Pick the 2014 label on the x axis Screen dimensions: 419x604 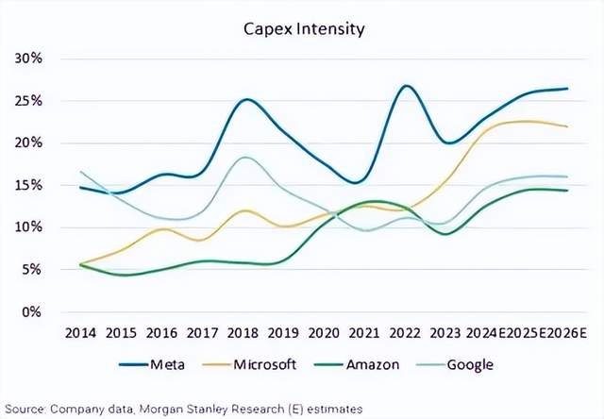81,332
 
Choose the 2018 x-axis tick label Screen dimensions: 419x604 244,332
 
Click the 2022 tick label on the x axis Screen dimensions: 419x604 407,332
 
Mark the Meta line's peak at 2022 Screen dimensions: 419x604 406,86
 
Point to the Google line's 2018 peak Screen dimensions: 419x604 245,157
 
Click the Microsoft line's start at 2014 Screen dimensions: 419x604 82,264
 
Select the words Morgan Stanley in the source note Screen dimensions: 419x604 182,407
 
